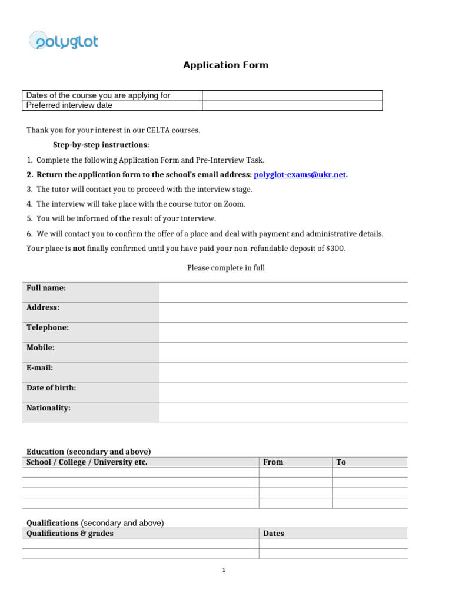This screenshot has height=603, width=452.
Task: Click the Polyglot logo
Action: pyautogui.click(x=64, y=41)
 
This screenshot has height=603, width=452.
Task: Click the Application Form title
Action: pyautogui.click(x=225, y=65)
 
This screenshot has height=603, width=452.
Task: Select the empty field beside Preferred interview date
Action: pyautogui.click(x=292, y=105)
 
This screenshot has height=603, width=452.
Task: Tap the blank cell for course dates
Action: pyautogui.click(x=292, y=95)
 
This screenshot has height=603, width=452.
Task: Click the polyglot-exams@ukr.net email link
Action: pyautogui.click(x=300, y=175)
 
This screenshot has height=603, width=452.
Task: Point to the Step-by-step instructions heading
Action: pyautogui.click(x=101, y=145)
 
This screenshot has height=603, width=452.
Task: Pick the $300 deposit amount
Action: pyautogui.click(x=335, y=249)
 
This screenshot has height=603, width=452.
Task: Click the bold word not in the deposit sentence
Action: pyautogui.click(x=79, y=249)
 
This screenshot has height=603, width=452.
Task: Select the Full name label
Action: pyautogui.click(x=46, y=288)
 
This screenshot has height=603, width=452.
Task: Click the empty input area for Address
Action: pyautogui.click(x=282, y=312)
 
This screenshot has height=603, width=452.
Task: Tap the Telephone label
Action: pyautogui.click(x=48, y=328)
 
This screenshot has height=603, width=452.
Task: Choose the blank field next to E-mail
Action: pyautogui.click(x=282, y=372)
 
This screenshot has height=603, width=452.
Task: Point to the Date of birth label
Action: pyautogui.click(x=51, y=388)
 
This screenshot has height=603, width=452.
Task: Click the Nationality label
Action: pyautogui.click(x=48, y=408)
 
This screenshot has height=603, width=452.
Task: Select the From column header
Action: pyautogui.click(x=273, y=462)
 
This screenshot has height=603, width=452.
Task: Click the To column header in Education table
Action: pyautogui.click(x=341, y=462)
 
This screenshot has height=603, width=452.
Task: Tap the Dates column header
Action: pyautogui.click(x=274, y=534)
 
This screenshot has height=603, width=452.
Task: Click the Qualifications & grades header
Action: pyautogui.click(x=70, y=534)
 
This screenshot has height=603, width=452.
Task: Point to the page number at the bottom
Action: pyautogui.click(x=224, y=571)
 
